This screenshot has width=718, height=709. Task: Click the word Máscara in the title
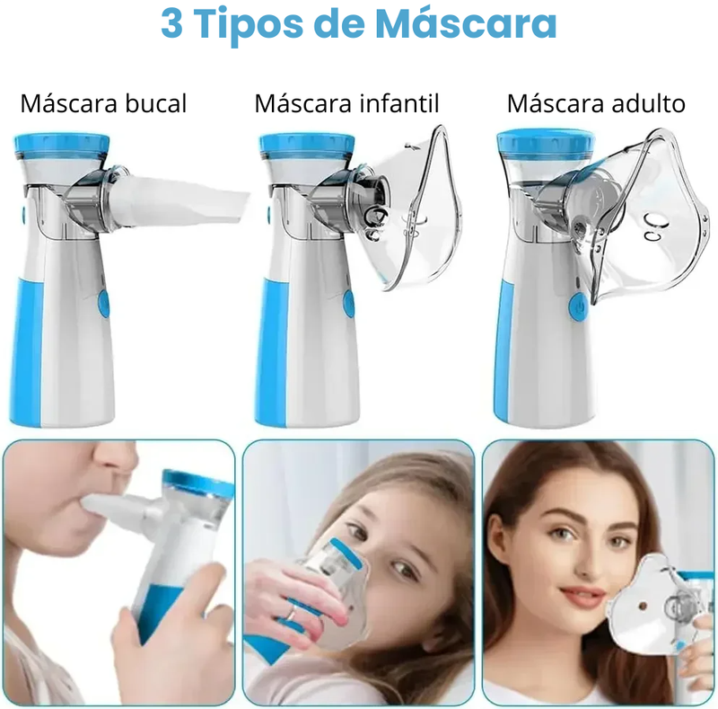466,24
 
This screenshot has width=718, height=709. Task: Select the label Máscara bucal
103,104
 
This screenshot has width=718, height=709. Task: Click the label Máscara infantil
346,104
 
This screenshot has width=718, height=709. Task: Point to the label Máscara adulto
596,104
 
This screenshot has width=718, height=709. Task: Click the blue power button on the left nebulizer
102,305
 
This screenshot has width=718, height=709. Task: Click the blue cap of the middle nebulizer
305,144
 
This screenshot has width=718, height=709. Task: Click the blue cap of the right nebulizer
544,140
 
